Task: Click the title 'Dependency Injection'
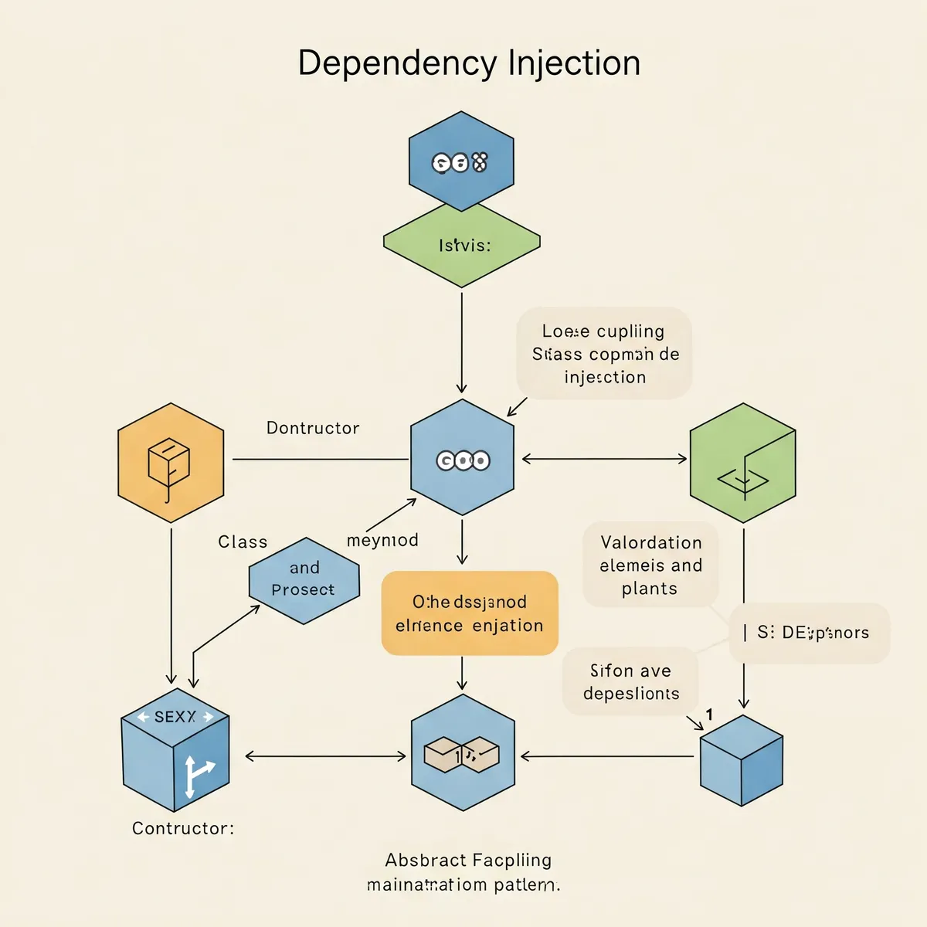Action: point(469,63)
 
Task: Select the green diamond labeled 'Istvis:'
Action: point(462,246)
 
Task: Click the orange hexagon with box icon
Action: point(171,463)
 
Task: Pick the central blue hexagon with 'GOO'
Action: point(462,459)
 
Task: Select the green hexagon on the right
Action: point(742,463)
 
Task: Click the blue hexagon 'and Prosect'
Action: point(304,580)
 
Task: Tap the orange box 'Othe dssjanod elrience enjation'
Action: point(470,613)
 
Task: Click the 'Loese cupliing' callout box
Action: point(604,354)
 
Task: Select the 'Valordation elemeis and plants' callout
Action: point(650,565)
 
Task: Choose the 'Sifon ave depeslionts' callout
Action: point(630,681)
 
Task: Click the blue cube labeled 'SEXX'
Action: point(175,749)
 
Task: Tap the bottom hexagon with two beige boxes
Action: point(463,753)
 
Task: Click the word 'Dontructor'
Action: point(313,428)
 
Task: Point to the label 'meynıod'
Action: point(382,540)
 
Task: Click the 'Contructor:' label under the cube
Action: point(183,828)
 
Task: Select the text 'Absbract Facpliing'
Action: point(468,860)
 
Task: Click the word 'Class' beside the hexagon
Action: point(243,542)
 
